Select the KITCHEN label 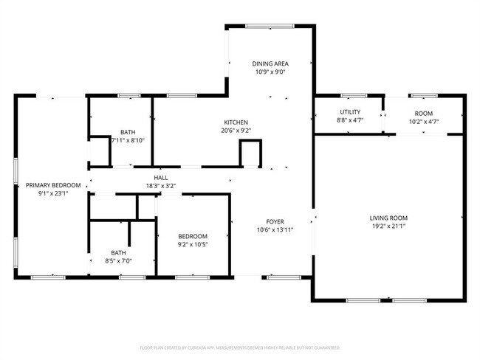(x=236, y=122)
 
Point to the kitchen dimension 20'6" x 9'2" (x=236, y=130)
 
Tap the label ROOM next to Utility (x=424, y=113)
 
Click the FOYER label (x=275, y=221)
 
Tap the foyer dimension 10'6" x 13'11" (x=275, y=230)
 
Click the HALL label (x=160, y=178)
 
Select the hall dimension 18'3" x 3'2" (x=160, y=186)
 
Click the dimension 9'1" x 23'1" (x=52, y=193)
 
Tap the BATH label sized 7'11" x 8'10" (x=118, y=131)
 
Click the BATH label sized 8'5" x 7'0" (x=118, y=252)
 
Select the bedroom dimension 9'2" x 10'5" (x=192, y=244)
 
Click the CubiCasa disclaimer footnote (x=239, y=347)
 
